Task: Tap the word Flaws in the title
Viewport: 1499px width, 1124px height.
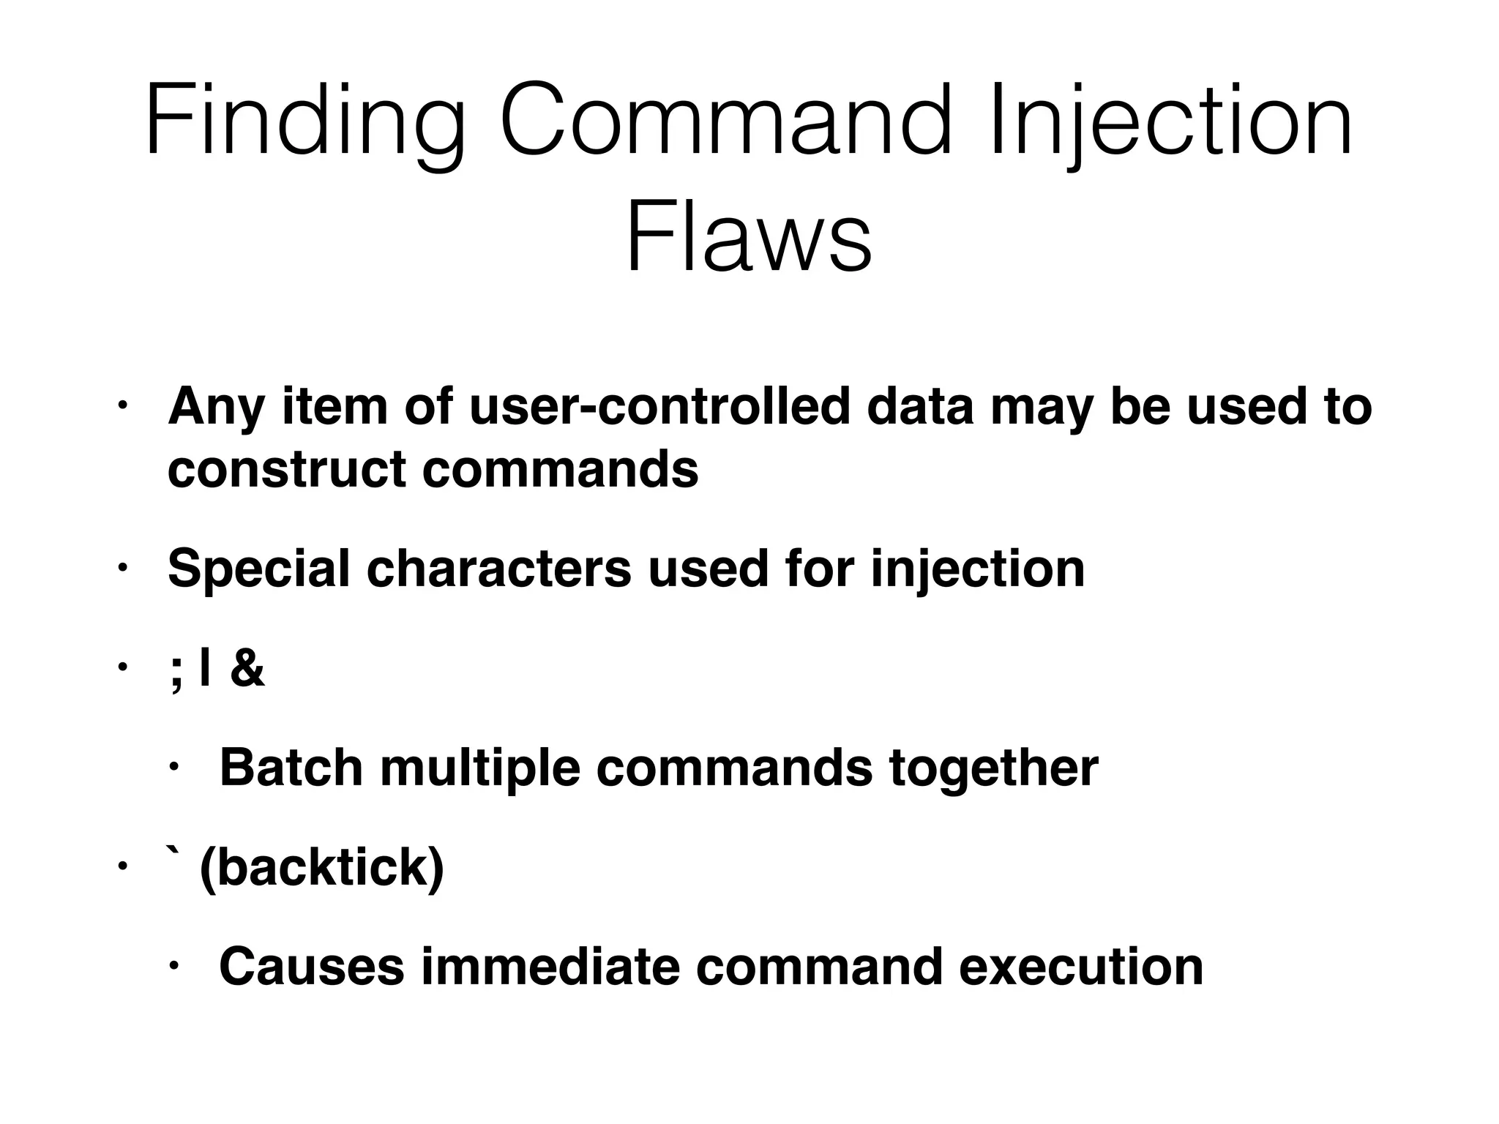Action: click(749, 239)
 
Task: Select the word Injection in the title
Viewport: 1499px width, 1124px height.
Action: click(1170, 121)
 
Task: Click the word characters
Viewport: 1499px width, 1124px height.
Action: click(498, 569)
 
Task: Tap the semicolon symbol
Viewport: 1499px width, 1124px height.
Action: click(175, 672)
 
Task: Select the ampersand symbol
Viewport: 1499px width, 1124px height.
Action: click(247, 668)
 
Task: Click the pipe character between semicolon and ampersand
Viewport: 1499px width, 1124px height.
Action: click(204, 668)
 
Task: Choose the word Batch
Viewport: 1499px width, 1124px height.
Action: click(291, 768)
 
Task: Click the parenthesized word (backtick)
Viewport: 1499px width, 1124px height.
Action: click(321, 868)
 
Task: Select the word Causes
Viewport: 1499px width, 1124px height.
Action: click(311, 967)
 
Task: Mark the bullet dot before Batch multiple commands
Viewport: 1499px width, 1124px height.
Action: click(173, 768)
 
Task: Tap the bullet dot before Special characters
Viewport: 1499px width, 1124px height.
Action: click(122, 569)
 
